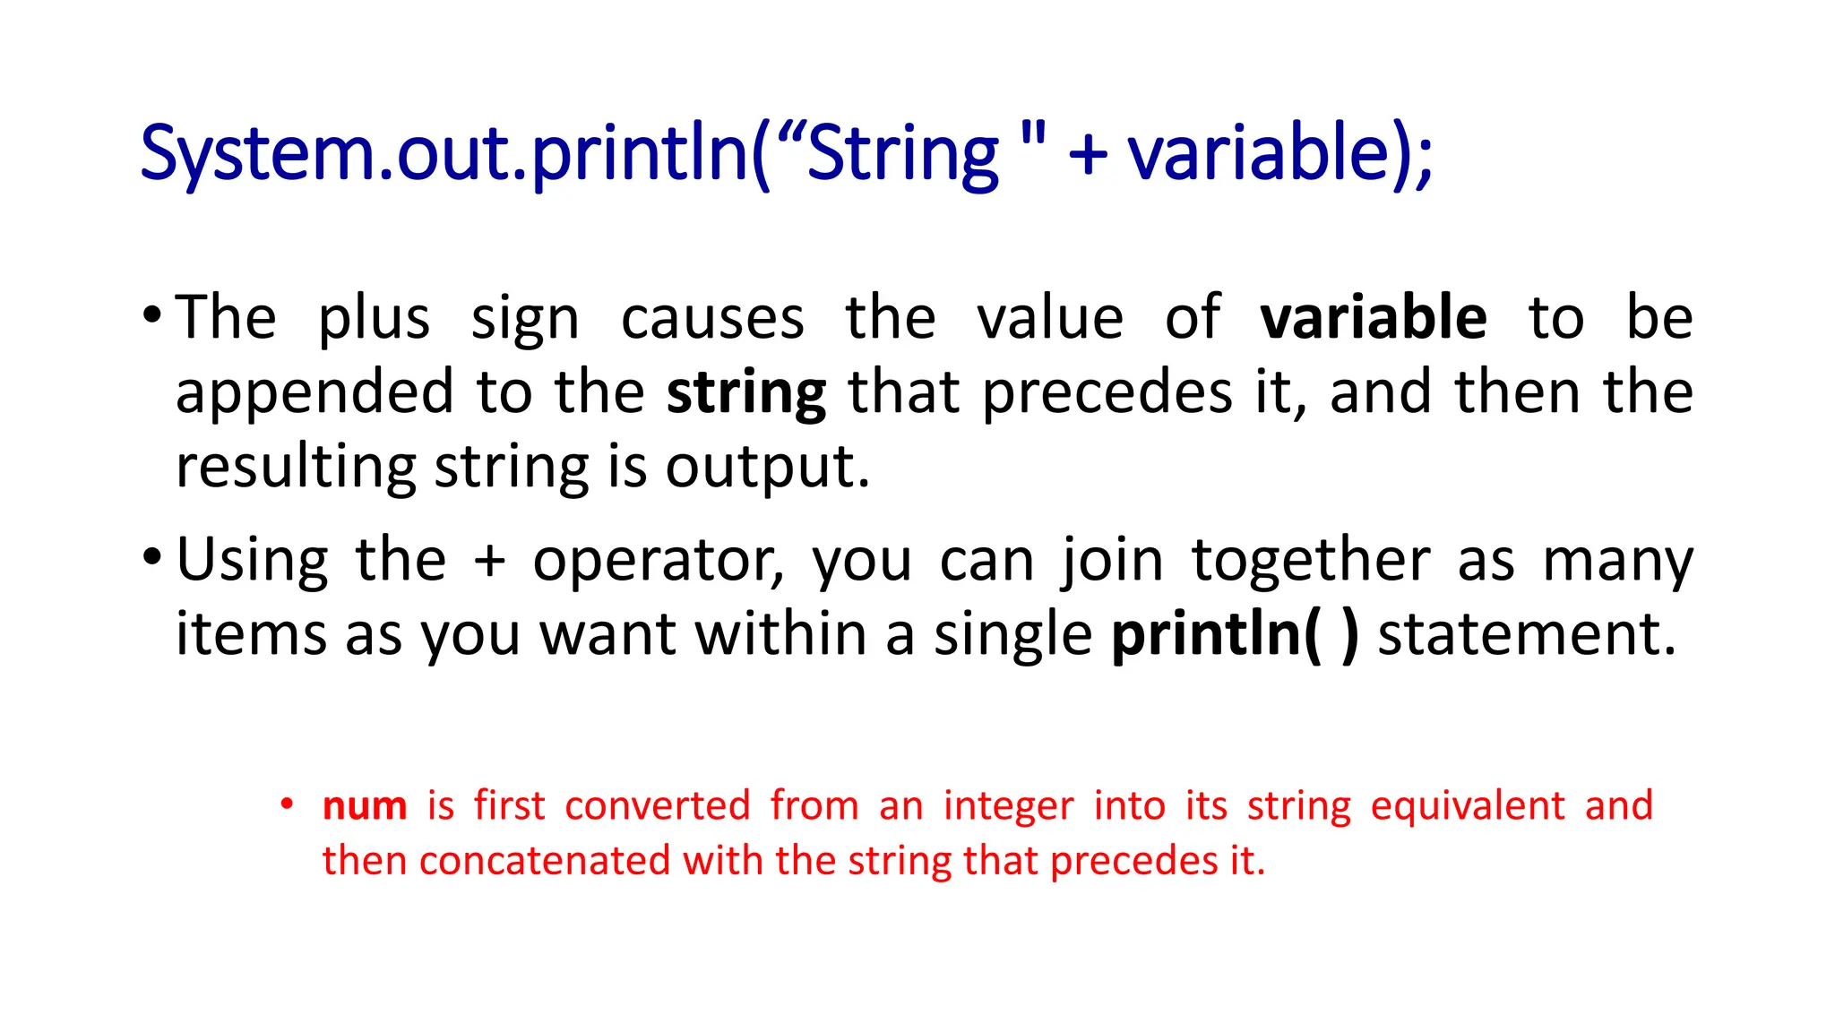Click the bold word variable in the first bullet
pos(1373,318)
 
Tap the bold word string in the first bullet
pos(746,395)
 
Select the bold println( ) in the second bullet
pos(1235,635)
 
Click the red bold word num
pos(365,806)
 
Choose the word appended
pos(314,395)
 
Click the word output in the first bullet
pos(767,469)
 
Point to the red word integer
pos(1008,806)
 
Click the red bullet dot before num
pos(286,804)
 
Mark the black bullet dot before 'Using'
pos(152,557)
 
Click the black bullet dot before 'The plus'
pos(152,314)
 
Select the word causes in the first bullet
pos(712,319)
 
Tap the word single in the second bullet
pos(1012,635)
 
